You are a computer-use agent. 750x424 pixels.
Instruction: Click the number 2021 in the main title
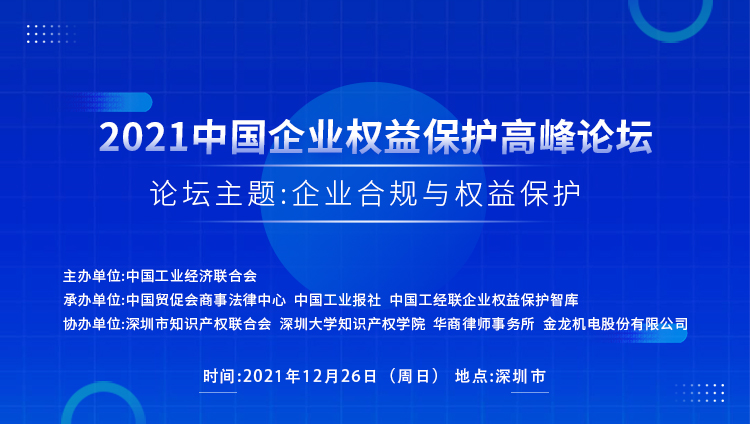143,138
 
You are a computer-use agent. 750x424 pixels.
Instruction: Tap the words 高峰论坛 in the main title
576,137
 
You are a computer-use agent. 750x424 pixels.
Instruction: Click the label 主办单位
92,276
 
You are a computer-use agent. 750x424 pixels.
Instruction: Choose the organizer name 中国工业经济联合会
192,276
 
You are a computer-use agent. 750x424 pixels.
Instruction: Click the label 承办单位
92,300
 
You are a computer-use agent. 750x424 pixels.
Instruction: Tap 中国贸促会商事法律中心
206,300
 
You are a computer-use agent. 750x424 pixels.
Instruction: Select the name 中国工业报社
338,300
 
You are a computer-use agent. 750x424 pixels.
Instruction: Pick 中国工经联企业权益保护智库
484,300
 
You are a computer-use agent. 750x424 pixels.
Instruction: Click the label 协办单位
92,324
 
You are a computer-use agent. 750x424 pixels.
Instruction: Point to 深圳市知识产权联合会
199,324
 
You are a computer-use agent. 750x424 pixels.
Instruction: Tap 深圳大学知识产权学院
353,324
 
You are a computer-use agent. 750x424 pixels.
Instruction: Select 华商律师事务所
484,324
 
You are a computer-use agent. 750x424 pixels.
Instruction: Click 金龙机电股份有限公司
616,324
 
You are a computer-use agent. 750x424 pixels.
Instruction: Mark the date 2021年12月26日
310,376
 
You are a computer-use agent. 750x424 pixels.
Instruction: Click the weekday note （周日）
414,376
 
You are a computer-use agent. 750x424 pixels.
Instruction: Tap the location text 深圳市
520,376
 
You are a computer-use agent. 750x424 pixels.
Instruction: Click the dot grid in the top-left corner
51,34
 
